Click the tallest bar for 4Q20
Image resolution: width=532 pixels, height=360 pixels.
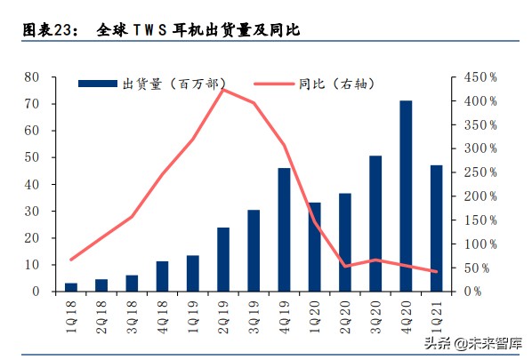click(406, 196)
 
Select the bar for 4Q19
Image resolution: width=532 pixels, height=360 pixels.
click(285, 229)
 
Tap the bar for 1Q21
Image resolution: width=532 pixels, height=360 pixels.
click(436, 228)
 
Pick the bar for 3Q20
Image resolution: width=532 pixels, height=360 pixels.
click(375, 223)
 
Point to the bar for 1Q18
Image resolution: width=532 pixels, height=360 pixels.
click(71, 286)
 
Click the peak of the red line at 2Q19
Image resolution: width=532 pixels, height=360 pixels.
click(222, 89)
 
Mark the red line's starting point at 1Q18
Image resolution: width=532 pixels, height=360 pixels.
click(71, 260)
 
